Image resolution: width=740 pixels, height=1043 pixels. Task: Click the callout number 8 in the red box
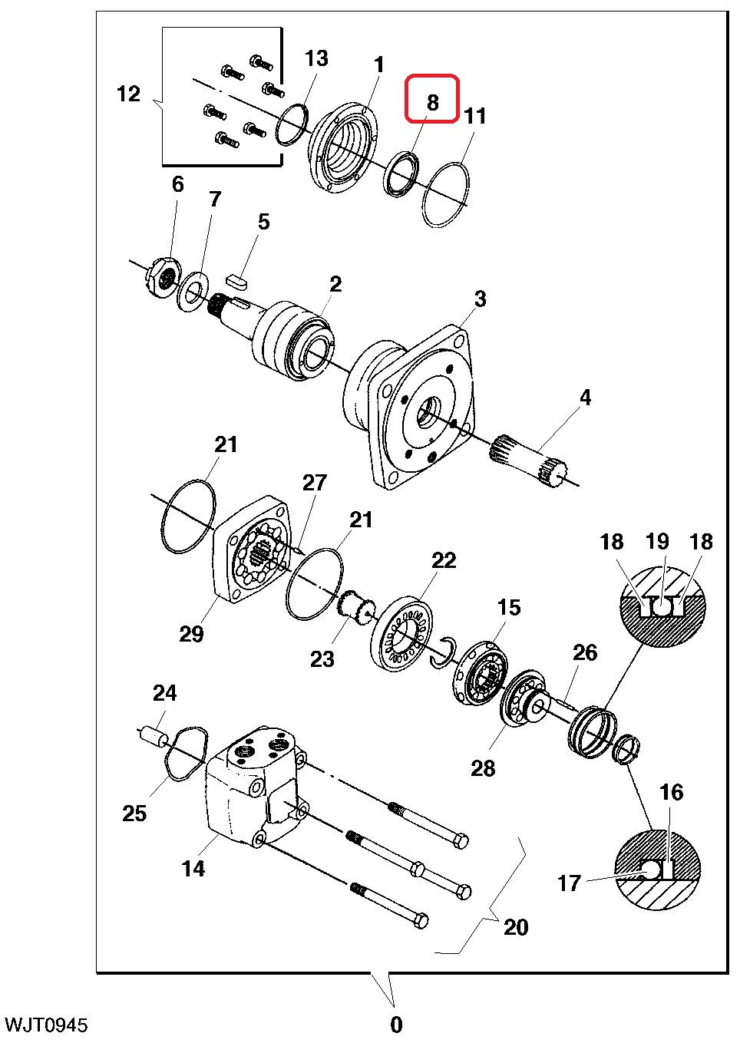tap(432, 102)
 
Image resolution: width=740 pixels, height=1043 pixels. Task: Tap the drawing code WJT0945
tap(46, 1025)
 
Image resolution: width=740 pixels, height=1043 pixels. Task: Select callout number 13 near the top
tap(316, 58)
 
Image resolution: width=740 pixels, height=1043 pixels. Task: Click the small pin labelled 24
tap(152, 736)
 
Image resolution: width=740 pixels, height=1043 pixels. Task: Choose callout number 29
tap(191, 633)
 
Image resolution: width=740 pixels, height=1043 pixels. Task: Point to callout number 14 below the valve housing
tap(193, 868)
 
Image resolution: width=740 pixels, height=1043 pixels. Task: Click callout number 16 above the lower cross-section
tap(670, 792)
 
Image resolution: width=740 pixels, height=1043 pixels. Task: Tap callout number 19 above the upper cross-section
tap(656, 541)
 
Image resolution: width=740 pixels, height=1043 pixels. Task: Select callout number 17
tap(569, 883)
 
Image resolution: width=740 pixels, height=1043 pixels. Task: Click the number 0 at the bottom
tap(396, 1025)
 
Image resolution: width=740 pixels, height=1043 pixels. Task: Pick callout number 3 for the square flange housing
tap(480, 299)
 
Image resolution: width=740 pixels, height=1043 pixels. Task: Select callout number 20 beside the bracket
tap(516, 927)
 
